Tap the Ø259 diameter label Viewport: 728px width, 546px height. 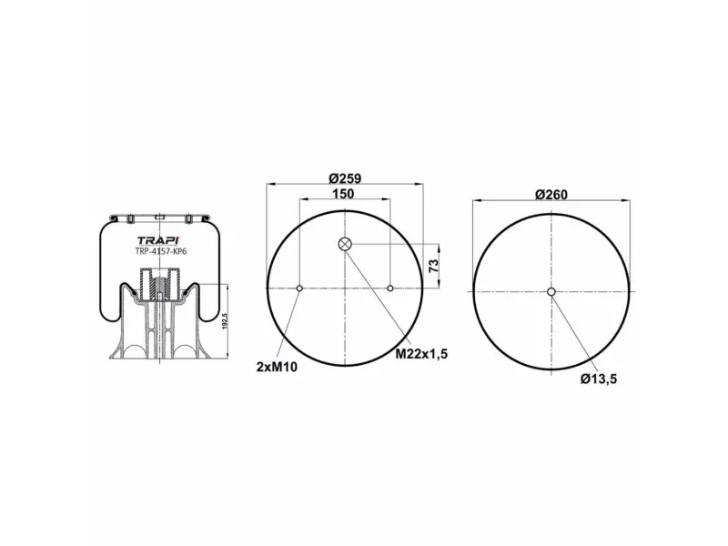point(345,178)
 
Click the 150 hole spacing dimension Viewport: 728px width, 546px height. point(343,194)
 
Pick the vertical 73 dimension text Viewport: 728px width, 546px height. point(434,267)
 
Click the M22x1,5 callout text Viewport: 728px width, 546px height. point(420,353)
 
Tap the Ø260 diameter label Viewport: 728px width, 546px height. point(551,194)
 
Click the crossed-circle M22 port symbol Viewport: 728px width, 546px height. point(345,243)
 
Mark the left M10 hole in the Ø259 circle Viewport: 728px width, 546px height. point(299,288)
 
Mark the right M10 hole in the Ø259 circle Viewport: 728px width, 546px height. point(390,288)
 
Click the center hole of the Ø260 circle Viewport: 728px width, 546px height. point(551,291)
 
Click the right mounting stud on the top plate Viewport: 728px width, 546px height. point(188,218)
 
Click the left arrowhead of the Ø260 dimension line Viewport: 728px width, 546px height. point(475,200)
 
